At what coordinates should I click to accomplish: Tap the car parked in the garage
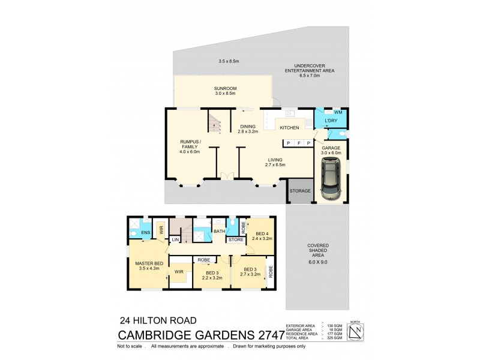coord(330,182)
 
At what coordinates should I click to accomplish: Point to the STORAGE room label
coord(300,191)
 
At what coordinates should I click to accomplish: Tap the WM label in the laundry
coord(338,112)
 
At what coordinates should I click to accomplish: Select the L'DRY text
coord(331,121)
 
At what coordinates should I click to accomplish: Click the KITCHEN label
coord(289,127)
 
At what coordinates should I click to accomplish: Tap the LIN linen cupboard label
coord(175,240)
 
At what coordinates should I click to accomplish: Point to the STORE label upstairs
coord(235,240)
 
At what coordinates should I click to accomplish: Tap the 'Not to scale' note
coord(131,346)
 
